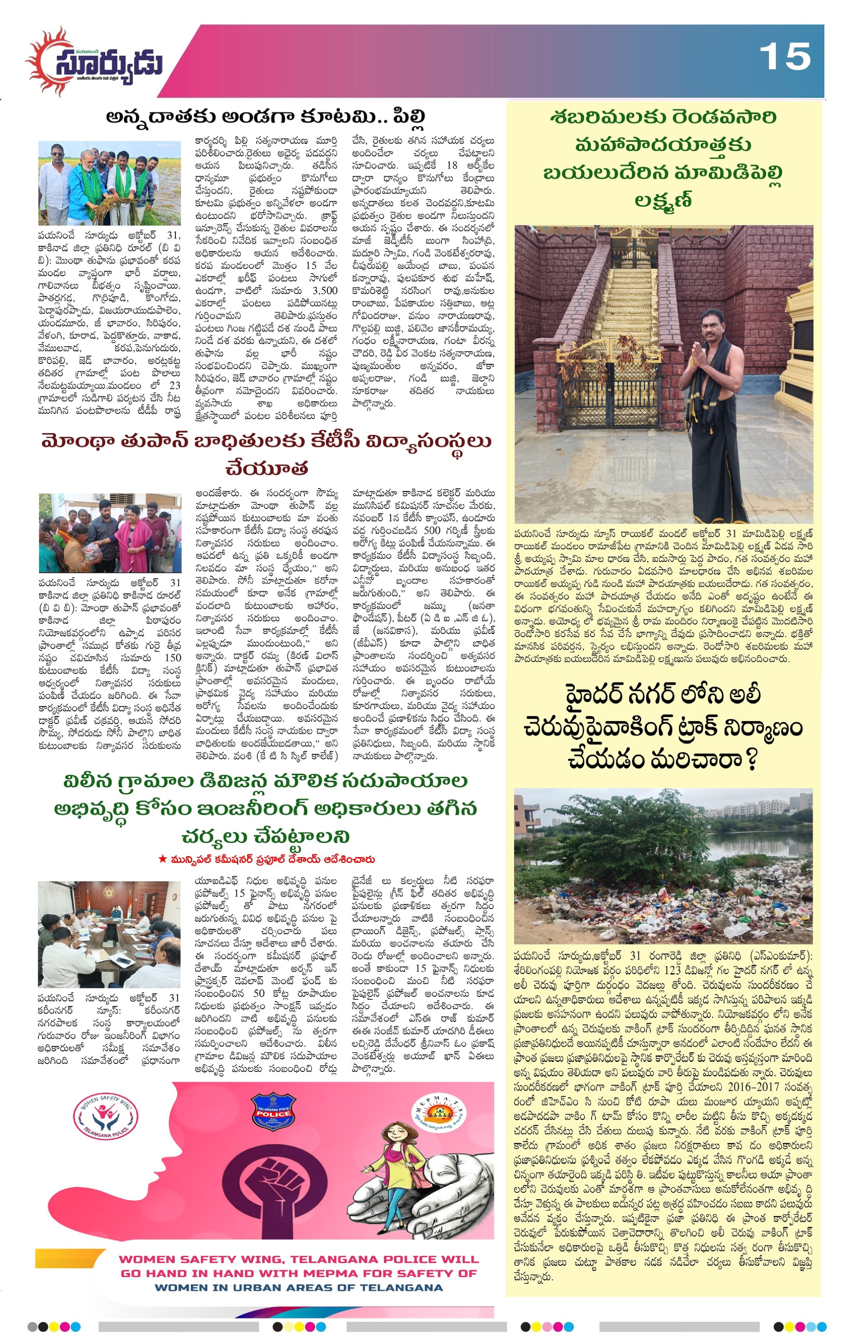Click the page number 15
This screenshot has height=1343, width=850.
tap(785, 57)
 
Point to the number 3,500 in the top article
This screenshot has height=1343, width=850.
tap(324, 290)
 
